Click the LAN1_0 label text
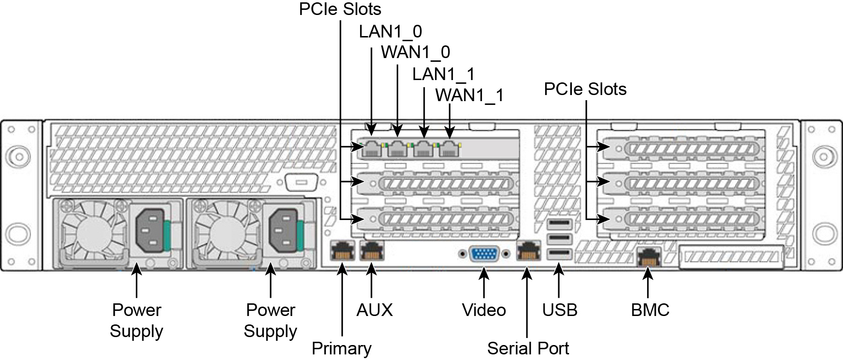tap(390, 31)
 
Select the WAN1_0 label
tap(415, 52)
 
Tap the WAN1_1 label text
tap(469, 95)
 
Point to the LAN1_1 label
tap(443, 73)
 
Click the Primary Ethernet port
tap(342, 251)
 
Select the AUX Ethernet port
tap(372, 251)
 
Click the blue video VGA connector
tap(485, 254)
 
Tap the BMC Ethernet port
tap(649, 257)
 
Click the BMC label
tap(650, 310)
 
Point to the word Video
tap(484, 310)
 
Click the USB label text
tap(560, 310)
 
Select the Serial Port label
tap(528, 348)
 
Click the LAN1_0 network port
tap(372, 148)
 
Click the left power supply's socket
tap(150, 230)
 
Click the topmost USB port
tap(559, 223)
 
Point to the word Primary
tap(341, 348)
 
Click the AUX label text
tap(374, 310)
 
